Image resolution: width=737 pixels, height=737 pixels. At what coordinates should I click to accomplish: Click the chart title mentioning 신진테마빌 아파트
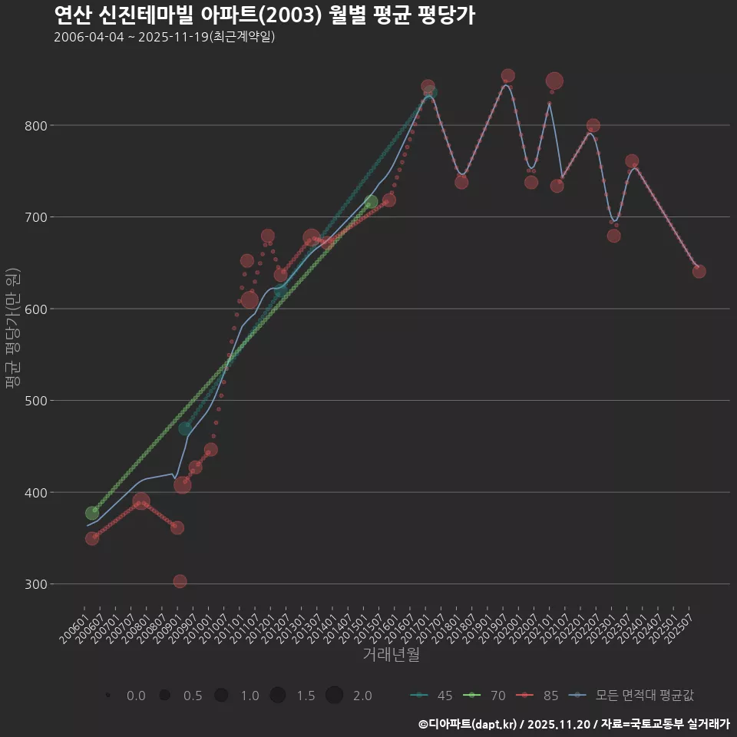[x=264, y=15]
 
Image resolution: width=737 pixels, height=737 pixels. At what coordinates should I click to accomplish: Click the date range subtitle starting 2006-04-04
[x=164, y=37]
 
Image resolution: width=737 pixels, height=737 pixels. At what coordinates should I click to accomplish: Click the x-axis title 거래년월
[x=391, y=655]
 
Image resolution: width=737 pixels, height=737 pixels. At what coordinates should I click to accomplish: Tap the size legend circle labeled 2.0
[x=334, y=696]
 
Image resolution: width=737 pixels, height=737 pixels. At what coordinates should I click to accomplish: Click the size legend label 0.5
[x=193, y=696]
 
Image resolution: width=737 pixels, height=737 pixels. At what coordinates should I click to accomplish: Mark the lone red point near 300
[x=180, y=581]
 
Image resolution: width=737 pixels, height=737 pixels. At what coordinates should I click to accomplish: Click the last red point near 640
[x=699, y=271]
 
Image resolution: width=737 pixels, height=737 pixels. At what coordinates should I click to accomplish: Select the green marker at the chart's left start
[x=92, y=513]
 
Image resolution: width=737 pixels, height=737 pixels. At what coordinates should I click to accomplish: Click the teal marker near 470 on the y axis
[x=185, y=428]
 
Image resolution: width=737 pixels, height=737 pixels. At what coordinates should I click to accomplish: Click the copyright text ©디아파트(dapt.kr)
[x=469, y=724]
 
